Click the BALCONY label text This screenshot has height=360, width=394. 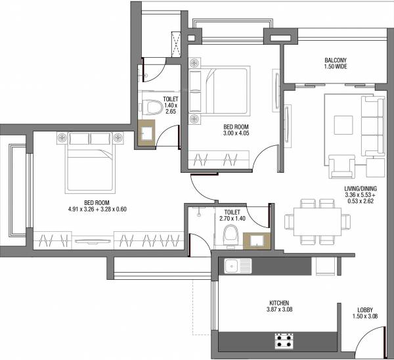click(x=336, y=59)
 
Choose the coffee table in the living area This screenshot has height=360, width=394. click(x=343, y=125)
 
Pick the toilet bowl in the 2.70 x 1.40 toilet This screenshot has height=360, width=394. click(x=230, y=234)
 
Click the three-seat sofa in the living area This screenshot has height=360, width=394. click(x=375, y=126)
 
